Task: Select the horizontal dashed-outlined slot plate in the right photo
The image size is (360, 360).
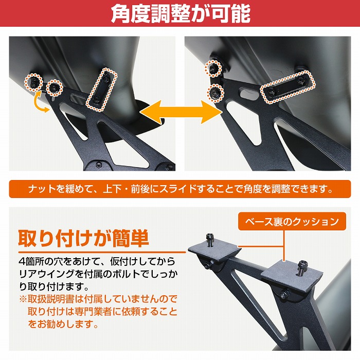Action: tap(287, 86)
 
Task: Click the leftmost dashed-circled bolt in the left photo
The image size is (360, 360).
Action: tap(34, 80)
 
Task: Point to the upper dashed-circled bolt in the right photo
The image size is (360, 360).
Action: tap(213, 67)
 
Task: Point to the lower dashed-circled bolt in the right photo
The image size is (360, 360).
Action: tap(214, 92)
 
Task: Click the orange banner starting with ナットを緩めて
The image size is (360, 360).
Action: tap(179, 189)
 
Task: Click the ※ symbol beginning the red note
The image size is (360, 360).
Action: tap(23, 299)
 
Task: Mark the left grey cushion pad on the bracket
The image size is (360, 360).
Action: tap(213, 252)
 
